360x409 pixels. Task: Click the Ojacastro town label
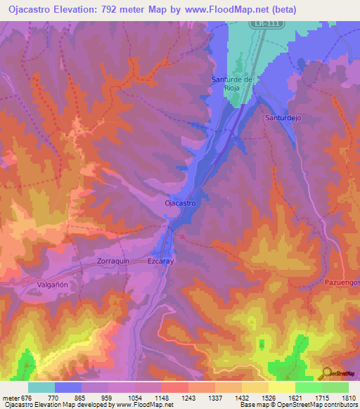(x=179, y=203)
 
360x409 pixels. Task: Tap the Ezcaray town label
(x=160, y=260)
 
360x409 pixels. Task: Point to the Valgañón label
(x=51, y=284)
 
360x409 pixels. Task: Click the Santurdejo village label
(x=283, y=118)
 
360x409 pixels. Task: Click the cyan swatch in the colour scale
(x=41, y=387)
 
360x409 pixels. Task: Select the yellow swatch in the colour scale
(x=281, y=387)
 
